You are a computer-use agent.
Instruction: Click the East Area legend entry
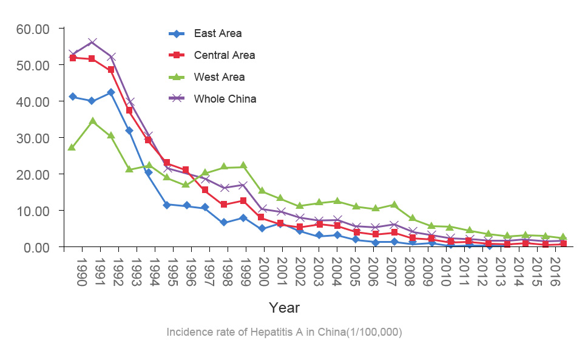pos(217,33)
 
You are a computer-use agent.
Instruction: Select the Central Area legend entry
pos(224,55)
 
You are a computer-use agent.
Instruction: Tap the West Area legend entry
pos(219,77)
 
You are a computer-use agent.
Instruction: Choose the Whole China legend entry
pos(225,99)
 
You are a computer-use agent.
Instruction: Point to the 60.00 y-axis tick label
pos(33,29)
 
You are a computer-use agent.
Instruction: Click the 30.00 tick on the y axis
pos(33,138)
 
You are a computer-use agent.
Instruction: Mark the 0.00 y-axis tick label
pos(36,247)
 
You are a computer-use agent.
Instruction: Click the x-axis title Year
pos(285,308)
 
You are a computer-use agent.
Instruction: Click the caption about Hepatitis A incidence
pos(285,333)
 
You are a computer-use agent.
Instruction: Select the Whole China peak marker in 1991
pos(92,42)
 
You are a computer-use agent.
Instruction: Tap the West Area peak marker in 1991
pos(92,121)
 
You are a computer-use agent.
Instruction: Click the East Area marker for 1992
pos(110,92)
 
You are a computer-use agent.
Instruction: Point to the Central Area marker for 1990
pos(73,58)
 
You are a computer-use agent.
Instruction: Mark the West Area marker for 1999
pos(243,165)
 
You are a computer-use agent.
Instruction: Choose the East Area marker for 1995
pos(166,205)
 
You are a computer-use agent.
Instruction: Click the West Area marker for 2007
pos(394,205)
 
